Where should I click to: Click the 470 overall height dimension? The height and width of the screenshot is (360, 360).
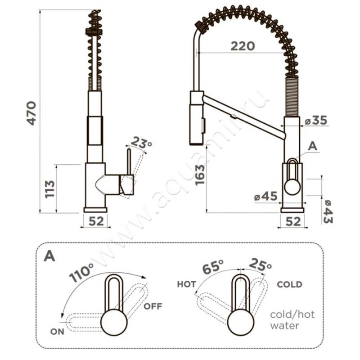tap(31, 113)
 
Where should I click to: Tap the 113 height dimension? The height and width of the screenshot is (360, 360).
tap(50, 189)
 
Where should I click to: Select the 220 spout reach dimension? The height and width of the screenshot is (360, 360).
tap(243, 46)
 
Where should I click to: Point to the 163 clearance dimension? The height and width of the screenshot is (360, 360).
tap(200, 175)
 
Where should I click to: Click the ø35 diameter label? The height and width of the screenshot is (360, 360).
tap(316, 120)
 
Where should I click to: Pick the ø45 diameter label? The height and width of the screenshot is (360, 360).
tap(265, 197)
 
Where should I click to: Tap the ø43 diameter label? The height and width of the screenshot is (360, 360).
tap(328, 211)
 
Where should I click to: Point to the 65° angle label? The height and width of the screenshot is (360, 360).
tap(213, 267)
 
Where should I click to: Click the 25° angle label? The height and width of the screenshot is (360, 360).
tap(260, 264)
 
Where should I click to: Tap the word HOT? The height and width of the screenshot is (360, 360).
tap(186, 284)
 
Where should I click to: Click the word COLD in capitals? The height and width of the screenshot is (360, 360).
tap(289, 285)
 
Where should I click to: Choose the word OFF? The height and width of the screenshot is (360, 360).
tap(153, 306)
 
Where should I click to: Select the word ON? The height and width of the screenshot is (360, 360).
tap(58, 332)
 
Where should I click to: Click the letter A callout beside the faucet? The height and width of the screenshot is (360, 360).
tap(312, 146)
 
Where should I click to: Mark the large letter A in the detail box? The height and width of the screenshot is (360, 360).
tap(49, 256)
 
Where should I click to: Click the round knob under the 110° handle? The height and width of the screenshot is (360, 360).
tap(114, 321)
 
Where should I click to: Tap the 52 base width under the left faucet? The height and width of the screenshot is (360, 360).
tap(96, 221)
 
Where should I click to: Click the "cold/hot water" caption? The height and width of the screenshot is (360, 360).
tap(292, 320)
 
